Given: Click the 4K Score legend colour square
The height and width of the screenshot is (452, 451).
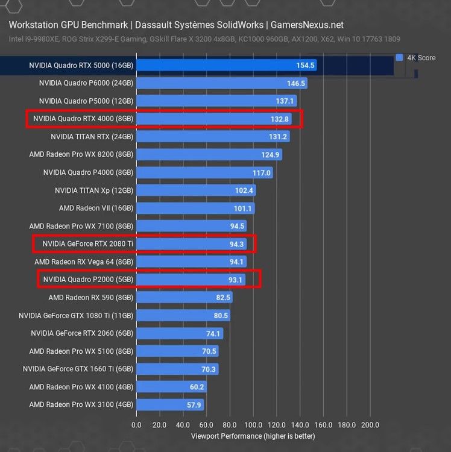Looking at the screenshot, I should (x=399, y=57).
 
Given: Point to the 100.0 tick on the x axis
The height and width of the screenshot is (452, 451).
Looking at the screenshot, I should (x=253, y=425).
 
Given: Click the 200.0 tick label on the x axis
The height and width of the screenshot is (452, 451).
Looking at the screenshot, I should (x=370, y=425).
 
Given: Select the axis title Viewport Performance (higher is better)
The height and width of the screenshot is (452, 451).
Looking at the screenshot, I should (x=253, y=436).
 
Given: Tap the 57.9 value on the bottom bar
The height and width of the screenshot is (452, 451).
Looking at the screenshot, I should (x=195, y=405).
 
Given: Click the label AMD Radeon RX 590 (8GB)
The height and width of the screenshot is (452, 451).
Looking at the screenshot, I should (x=90, y=298).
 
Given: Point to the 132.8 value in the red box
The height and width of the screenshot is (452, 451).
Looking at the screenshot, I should (x=280, y=119).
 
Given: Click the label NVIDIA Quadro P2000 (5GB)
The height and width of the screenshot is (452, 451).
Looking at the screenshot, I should (x=88, y=280).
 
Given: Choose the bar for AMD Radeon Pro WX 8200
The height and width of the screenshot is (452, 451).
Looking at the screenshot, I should (x=209, y=155).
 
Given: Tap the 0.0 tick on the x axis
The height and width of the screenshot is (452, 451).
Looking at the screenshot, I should (x=136, y=425).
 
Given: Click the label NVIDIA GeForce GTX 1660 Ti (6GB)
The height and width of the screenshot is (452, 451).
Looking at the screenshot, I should (x=78, y=369).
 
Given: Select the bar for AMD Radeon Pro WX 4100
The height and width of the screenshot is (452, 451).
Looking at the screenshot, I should (x=171, y=387).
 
